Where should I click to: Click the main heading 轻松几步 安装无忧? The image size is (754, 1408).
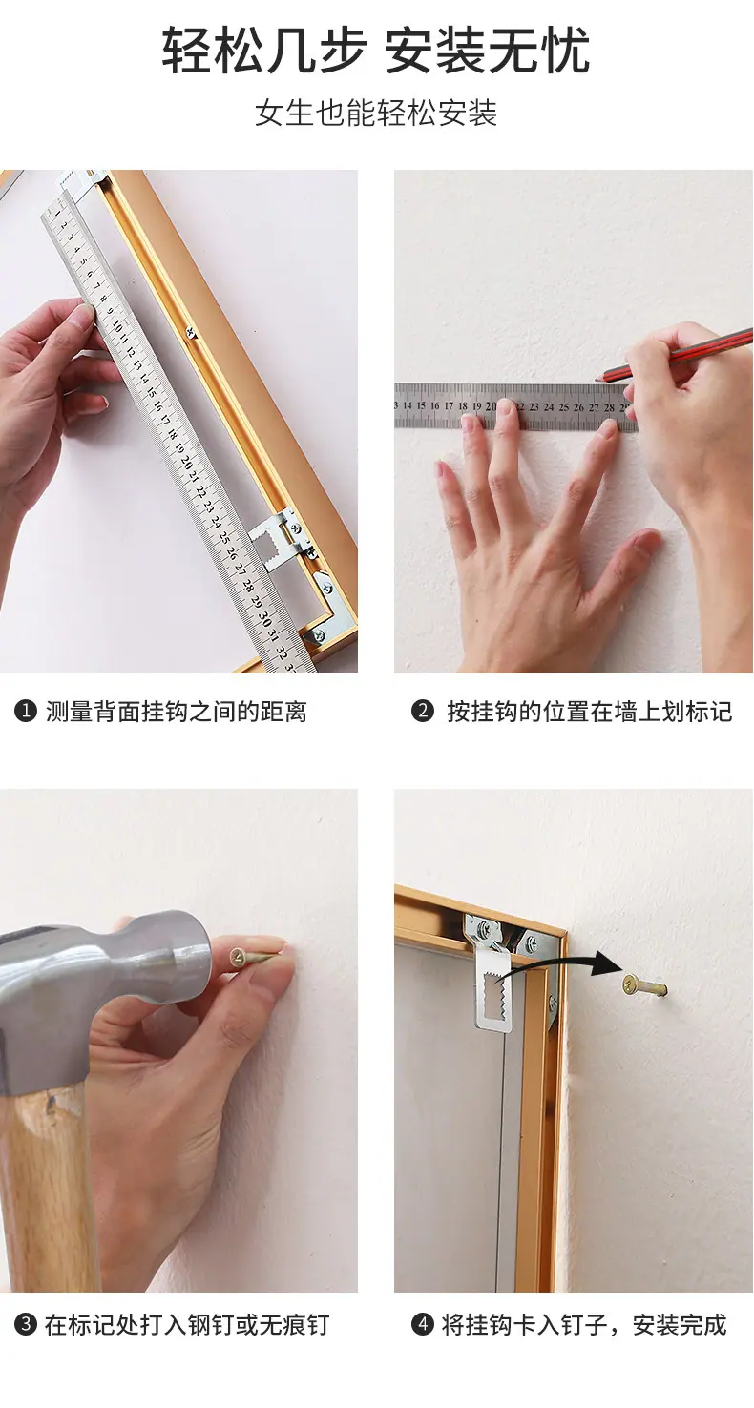pyautogui.click(x=376, y=51)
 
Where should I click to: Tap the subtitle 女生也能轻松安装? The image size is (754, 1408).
pyautogui.click(x=376, y=114)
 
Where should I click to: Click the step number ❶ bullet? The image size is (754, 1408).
pyautogui.click(x=25, y=712)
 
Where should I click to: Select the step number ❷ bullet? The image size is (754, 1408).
pyautogui.click(x=423, y=711)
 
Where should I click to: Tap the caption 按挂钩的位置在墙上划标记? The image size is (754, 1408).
pyautogui.click(x=589, y=711)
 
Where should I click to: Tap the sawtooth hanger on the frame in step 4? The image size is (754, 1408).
pyautogui.click(x=495, y=988)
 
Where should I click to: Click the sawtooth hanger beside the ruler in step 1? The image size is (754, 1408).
pyautogui.click(x=276, y=540)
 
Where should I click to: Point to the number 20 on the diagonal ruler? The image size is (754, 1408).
pyautogui.click(x=185, y=464)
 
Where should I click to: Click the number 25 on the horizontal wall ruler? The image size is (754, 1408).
pyautogui.click(x=564, y=406)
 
